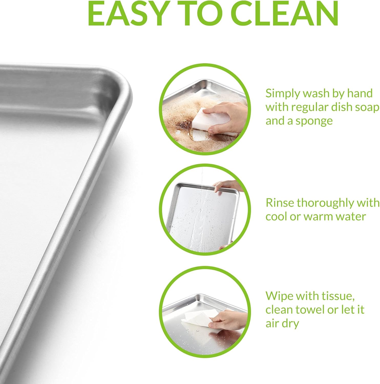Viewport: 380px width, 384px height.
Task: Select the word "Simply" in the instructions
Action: [x=283, y=94]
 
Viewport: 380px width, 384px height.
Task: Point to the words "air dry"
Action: [x=282, y=324]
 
